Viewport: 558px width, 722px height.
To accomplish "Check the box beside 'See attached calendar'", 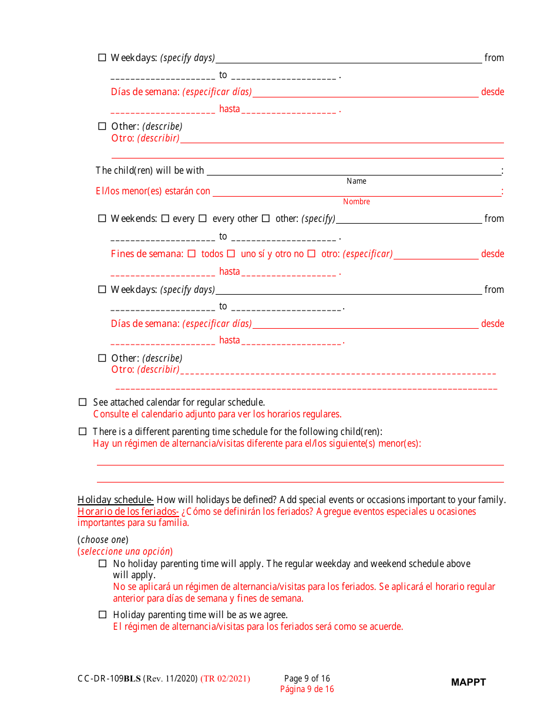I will [x=82, y=403].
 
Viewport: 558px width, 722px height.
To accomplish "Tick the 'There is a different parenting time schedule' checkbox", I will [x=82, y=431].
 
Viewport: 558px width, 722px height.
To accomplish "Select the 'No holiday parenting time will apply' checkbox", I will [x=102, y=564].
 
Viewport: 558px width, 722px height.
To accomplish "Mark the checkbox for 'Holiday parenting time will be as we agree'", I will [x=102, y=615].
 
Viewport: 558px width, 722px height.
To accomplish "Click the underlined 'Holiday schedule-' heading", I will [x=116, y=500].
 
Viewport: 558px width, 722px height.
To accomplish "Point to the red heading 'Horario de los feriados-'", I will [x=128, y=512].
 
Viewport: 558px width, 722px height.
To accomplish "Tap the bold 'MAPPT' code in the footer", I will [x=468, y=682].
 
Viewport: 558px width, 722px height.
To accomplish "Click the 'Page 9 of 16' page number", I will [x=307, y=679].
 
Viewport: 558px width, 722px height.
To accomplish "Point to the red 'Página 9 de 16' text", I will [x=307, y=689].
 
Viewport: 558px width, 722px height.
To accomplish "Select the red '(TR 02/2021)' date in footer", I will [x=225, y=679].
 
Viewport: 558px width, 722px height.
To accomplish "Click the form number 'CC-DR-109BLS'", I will [x=109, y=679].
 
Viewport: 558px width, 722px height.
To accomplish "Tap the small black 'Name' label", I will [x=356, y=181].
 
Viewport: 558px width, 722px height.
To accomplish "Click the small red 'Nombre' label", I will [x=356, y=202].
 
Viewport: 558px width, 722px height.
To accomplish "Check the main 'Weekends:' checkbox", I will [x=102, y=218].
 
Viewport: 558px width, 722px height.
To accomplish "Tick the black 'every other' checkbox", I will [x=203, y=218].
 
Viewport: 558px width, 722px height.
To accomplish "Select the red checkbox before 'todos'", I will [x=191, y=254].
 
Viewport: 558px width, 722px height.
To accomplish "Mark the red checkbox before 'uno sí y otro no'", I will [x=231, y=254].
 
